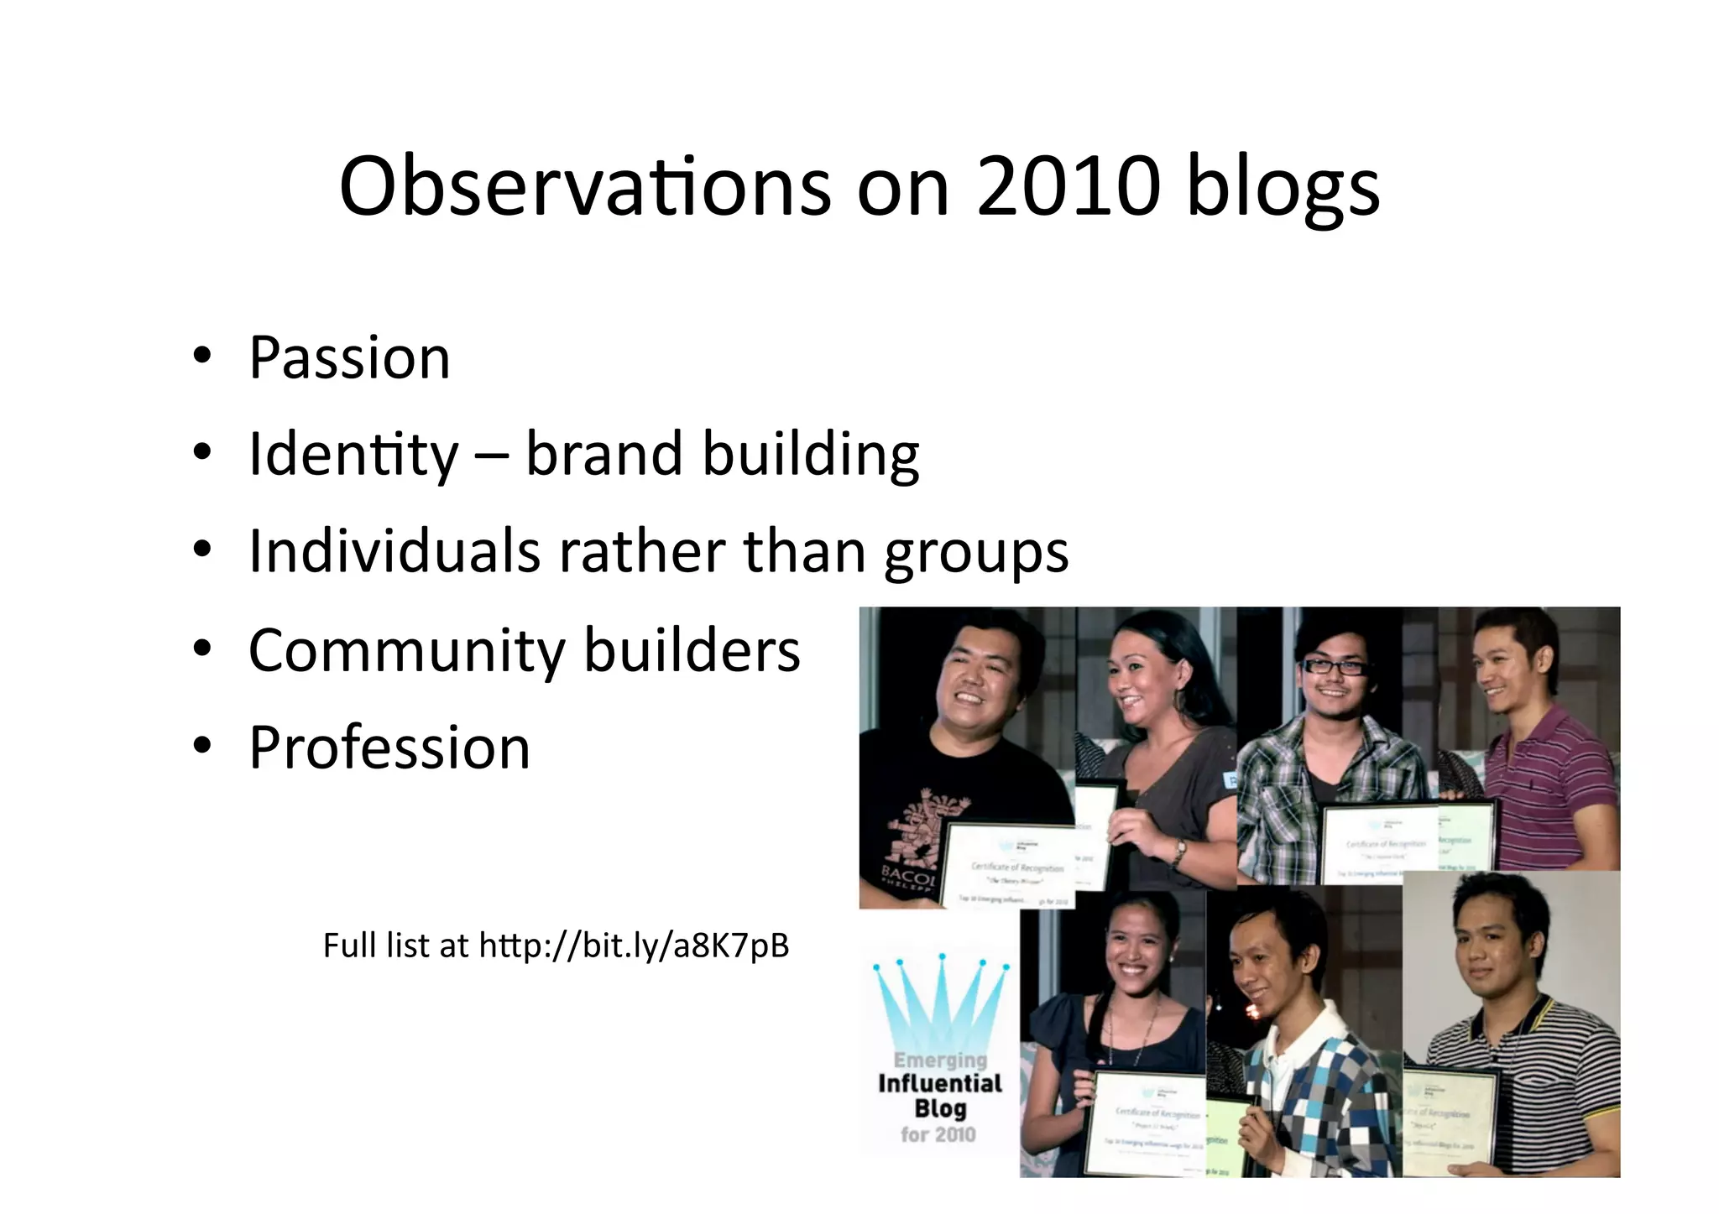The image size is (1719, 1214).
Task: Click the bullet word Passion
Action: click(x=349, y=358)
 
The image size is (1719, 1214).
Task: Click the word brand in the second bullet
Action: click(x=603, y=454)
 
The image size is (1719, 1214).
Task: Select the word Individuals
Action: click(x=394, y=551)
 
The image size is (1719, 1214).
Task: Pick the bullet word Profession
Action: click(x=389, y=747)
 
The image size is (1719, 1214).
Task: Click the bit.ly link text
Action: click(x=634, y=946)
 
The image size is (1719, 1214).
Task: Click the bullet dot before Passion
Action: click(x=201, y=357)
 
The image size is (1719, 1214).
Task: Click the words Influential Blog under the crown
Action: click(x=940, y=1096)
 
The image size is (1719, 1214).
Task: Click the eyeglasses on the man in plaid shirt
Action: click(x=1334, y=667)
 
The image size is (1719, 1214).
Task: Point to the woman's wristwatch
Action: click(x=1179, y=852)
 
